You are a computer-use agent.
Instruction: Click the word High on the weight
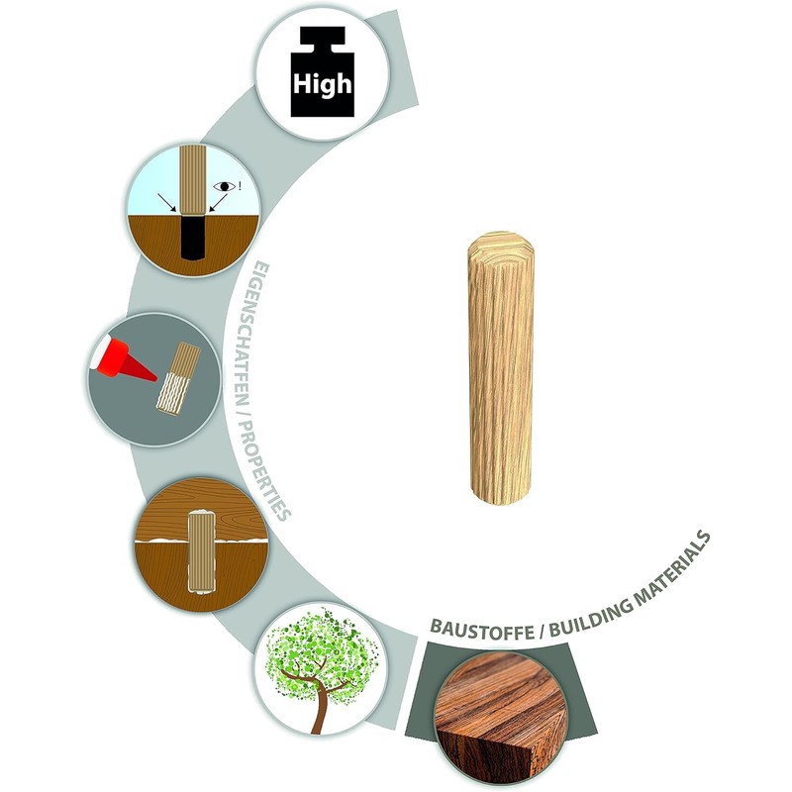coord(322,84)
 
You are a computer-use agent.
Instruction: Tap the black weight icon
coord(323,71)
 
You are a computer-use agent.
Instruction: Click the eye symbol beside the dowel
coord(225,186)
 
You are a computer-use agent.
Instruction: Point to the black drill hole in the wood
coord(193,237)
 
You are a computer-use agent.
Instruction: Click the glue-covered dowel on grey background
coord(178,378)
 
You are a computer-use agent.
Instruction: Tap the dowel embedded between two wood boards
coord(202,550)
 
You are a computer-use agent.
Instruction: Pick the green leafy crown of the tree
coord(322,651)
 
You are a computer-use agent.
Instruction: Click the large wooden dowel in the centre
coord(501,367)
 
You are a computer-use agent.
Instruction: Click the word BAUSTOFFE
coord(482,631)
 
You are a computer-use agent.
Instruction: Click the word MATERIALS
coord(673,566)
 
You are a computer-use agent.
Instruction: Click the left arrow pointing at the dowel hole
coord(166,202)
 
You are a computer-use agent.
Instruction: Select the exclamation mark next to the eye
coord(240,186)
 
